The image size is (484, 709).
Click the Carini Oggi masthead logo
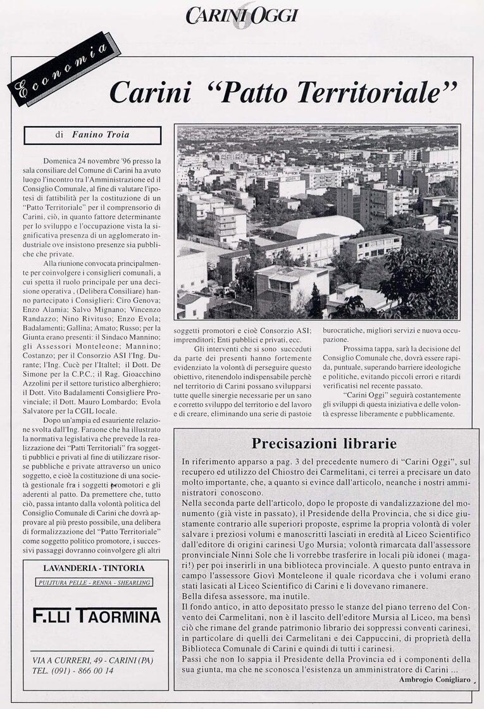tap(241, 16)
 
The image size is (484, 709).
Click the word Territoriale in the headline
tap(388, 92)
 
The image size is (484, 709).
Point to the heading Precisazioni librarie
tap(324, 442)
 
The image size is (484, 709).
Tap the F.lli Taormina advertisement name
tap(96, 615)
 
